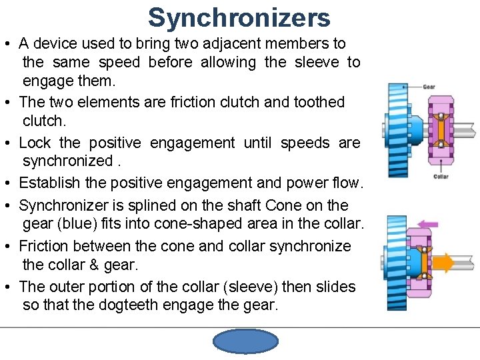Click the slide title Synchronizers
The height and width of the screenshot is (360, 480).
(239, 17)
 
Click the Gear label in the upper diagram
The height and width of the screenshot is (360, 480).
(429, 87)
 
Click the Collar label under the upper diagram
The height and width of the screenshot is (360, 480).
(441, 177)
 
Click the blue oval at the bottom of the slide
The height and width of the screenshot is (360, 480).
(245, 341)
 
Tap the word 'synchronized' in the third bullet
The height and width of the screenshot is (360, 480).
(67, 161)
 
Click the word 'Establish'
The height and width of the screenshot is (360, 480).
(51, 183)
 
